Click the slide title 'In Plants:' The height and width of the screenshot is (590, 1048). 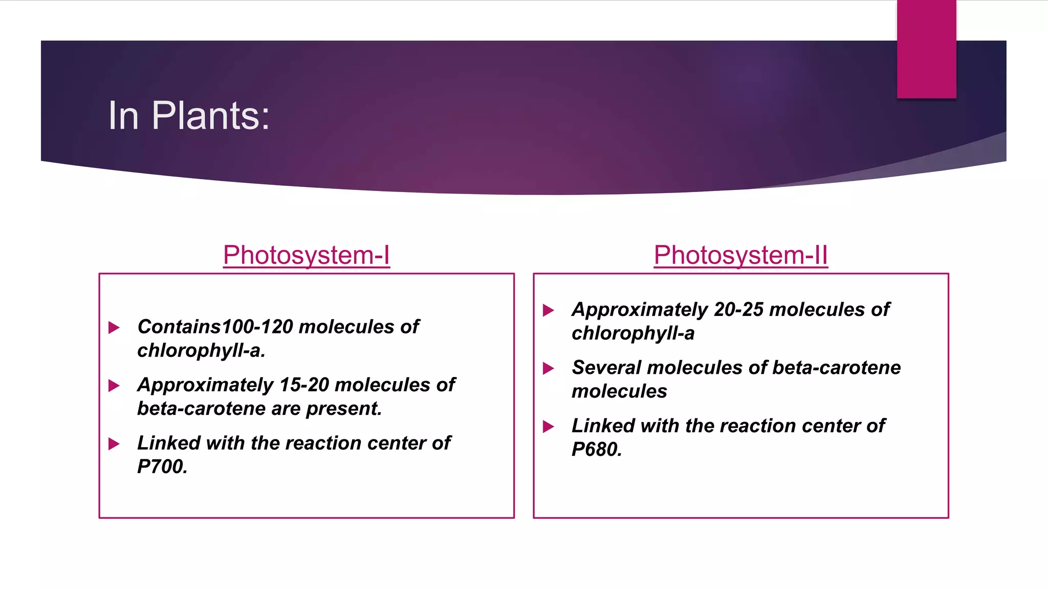(x=188, y=116)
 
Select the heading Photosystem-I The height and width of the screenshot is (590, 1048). (x=306, y=255)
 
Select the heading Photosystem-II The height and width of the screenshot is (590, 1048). (x=740, y=255)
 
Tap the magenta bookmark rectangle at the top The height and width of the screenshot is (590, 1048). (x=926, y=49)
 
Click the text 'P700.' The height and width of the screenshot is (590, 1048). (x=162, y=467)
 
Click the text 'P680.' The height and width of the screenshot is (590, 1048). (x=597, y=450)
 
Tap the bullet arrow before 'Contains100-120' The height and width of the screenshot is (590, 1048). (x=114, y=327)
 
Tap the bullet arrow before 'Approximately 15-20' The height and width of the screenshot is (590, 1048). (x=114, y=386)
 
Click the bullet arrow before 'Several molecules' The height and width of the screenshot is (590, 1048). (x=548, y=368)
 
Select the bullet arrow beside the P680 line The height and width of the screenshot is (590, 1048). (x=548, y=426)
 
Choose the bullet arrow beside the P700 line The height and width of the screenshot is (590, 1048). (x=114, y=444)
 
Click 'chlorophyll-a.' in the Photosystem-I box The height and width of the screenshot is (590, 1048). (x=201, y=351)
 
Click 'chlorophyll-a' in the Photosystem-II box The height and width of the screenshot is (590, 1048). (x=633, y=333)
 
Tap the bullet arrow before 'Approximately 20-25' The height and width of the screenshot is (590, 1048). (x=548, y=310)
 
